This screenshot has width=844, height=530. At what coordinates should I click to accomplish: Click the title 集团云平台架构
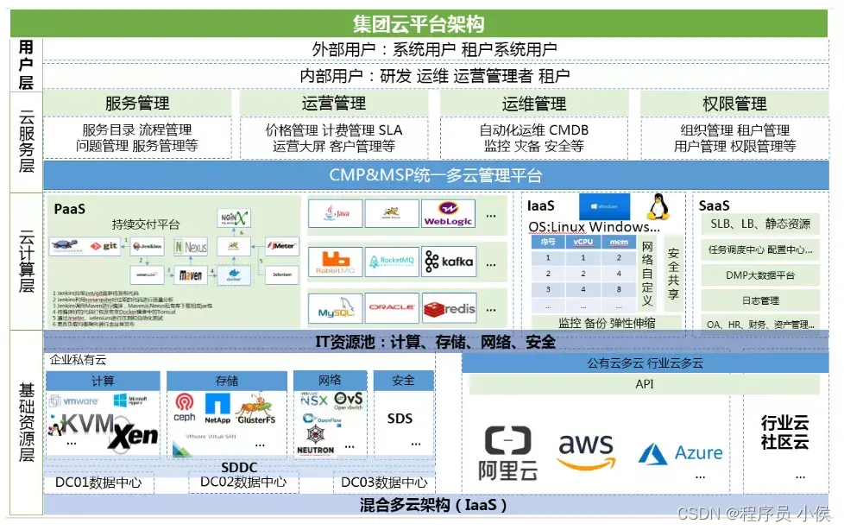point(419,23)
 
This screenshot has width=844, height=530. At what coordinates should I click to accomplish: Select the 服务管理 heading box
point(137,104)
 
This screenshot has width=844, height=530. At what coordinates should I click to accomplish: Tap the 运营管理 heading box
point(334,104)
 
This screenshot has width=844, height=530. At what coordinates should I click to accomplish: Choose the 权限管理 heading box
point(734,104)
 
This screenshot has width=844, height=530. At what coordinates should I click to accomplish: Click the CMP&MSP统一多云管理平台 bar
point(436,175)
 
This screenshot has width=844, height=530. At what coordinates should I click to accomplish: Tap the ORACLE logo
point(392,308)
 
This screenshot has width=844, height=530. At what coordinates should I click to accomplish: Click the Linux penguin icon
point(658,207)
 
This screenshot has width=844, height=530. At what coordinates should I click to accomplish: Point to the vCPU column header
point(583,243)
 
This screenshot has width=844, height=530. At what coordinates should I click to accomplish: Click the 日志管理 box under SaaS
point(759,300)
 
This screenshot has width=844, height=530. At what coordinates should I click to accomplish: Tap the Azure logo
point(681,453)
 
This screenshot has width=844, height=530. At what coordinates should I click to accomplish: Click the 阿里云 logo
point(508,452)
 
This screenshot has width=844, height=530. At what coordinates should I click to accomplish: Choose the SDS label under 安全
point(400,419)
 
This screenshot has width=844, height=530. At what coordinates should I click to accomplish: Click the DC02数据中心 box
point(242,483)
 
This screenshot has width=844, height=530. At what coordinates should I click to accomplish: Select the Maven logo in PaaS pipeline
point(190,276)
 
